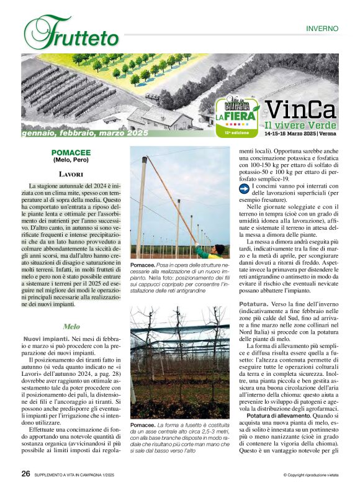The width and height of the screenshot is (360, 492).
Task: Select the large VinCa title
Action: [300, 110]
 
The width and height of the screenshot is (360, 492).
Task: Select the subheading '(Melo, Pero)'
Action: [71, 160]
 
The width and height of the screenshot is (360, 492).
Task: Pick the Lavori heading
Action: [71, 175]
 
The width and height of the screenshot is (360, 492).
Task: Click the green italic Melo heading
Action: [71, 326]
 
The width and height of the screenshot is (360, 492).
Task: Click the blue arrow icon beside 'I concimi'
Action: [244, 188]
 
